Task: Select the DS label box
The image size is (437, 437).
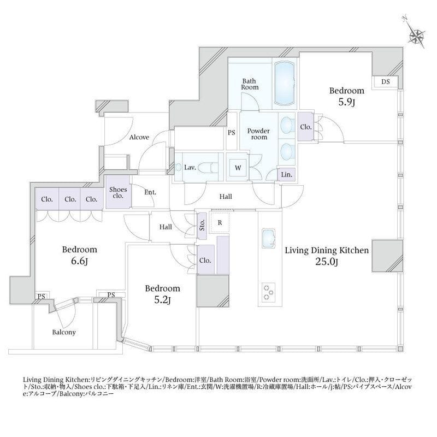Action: click(386, 81)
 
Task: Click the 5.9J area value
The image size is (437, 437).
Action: click(347, 102)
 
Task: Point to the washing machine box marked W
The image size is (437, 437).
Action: click(238, 168)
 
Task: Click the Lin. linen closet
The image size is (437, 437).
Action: click(286, 175)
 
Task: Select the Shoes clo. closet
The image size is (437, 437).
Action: click(118, 192)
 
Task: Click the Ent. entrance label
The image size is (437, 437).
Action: click(150, 192)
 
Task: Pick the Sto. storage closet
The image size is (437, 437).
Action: click(202, 226)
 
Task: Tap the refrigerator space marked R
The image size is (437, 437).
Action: click(220, 223)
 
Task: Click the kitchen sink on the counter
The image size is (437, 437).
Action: click(268, 238)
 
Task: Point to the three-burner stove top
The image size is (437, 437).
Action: click(268, 292)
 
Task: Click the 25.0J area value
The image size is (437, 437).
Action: click(326, 262)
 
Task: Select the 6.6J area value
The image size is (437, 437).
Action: click(79, 261)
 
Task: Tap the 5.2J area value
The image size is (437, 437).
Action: click(162, 300)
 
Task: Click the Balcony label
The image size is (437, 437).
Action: click(64, 332)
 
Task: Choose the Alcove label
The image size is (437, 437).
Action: click(139, 137)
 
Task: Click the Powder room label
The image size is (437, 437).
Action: click(258, 134)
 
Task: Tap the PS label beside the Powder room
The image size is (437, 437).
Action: click(231, 133)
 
